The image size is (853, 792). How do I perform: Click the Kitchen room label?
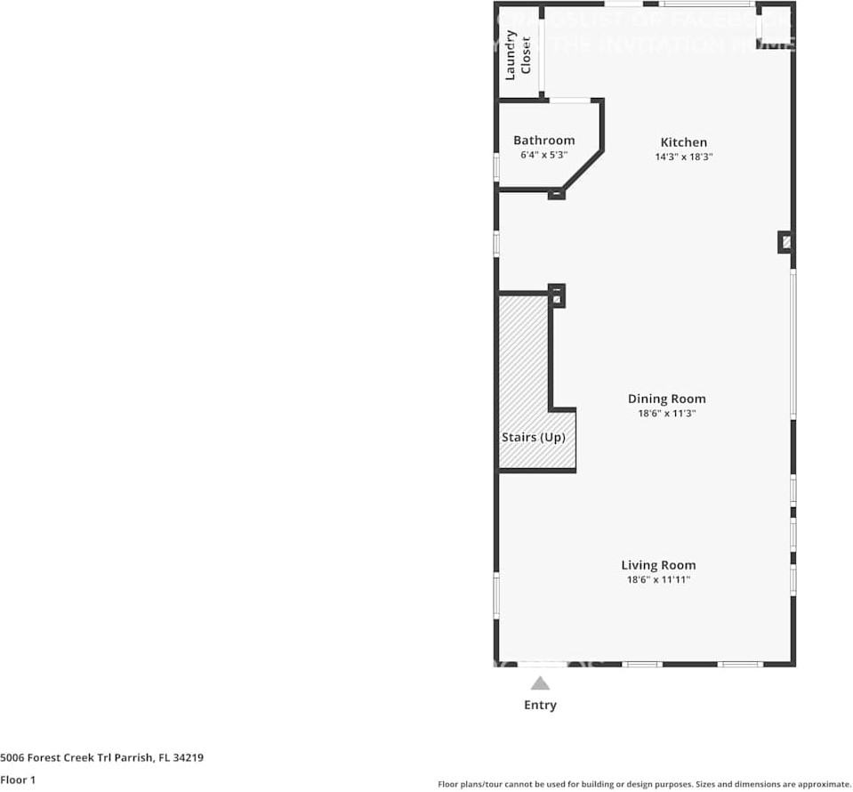pyautogui.click(x=683, y=142)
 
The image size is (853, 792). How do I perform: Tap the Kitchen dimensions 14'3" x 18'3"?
pyautogui.click(x=683, y=157)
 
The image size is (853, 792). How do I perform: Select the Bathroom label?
pyautogui.click(x=543, y=141)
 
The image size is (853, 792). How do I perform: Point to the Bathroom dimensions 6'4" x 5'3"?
pyautogui.click(x=543, y=155)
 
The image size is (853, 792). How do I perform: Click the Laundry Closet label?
pyautogui.click(x=518, y=55)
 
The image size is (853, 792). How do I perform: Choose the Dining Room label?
pyautogui.click(x=666, y=399)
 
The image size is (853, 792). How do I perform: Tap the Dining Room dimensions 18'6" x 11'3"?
pyautogui.click(x=666, y=413)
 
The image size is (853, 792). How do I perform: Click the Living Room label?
pyautogui.click(x=658, y=565)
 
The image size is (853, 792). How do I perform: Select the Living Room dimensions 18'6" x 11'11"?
pyautogui.click(x=658, y=579)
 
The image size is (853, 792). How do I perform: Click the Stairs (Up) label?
pyautogui.click(x=534, y=438)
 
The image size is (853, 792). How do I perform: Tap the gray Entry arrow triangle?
pyautogui.click(x=540, y=683)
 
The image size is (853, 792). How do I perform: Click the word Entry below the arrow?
pyautogui.click(x=540, y=705)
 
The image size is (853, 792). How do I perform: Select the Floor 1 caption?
pyautogui.click(x=18, y=780)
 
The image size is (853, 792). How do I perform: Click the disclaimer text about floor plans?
pyautogui.click(x=644, y=784)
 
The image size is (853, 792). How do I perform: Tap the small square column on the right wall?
pyautogui.click(x=785, y=242)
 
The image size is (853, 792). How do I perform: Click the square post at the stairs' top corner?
pyautogui.click(x=557, y=295)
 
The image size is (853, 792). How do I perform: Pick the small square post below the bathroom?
pyautogui.click(x=556, y=193)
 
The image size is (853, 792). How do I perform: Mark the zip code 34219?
pyautogui.click(x=189, y=758)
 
